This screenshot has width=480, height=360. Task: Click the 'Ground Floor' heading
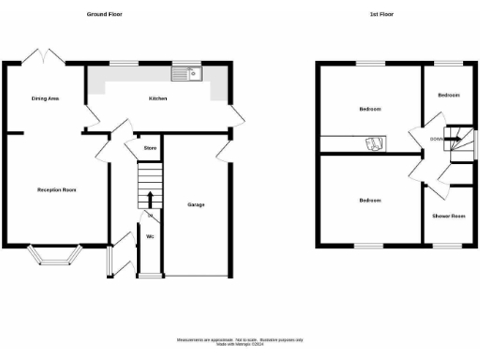pyautogui.click(x=104, y=15)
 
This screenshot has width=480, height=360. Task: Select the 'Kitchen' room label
pyautogui.click(x=157, y=97)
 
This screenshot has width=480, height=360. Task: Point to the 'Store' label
pyautogui.click(x=149, y=148)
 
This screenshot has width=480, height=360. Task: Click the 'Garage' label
pyautogui.click(x=196, y=204)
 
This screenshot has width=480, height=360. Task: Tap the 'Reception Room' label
pyautogui.click(x=56, y=190)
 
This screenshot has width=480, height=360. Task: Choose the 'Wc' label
pyautogui.click(x=149, y=236)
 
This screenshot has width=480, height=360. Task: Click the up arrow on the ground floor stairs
pyautogui.click(x=149, y=198)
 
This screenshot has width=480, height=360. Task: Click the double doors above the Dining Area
pyautogui.click(x=44, y=55)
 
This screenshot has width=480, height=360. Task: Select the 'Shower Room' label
pyautogui.click(x=448, y=217)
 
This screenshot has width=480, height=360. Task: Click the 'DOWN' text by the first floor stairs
pyautogui.click(x=436, y=140)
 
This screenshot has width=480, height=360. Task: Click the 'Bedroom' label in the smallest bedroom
pyautogui.click(x=448, y=95)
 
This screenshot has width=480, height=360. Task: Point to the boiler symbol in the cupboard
pyautogui.click(x=373, y=143)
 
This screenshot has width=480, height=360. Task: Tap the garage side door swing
pyautogui.click(x=225, y=147)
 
